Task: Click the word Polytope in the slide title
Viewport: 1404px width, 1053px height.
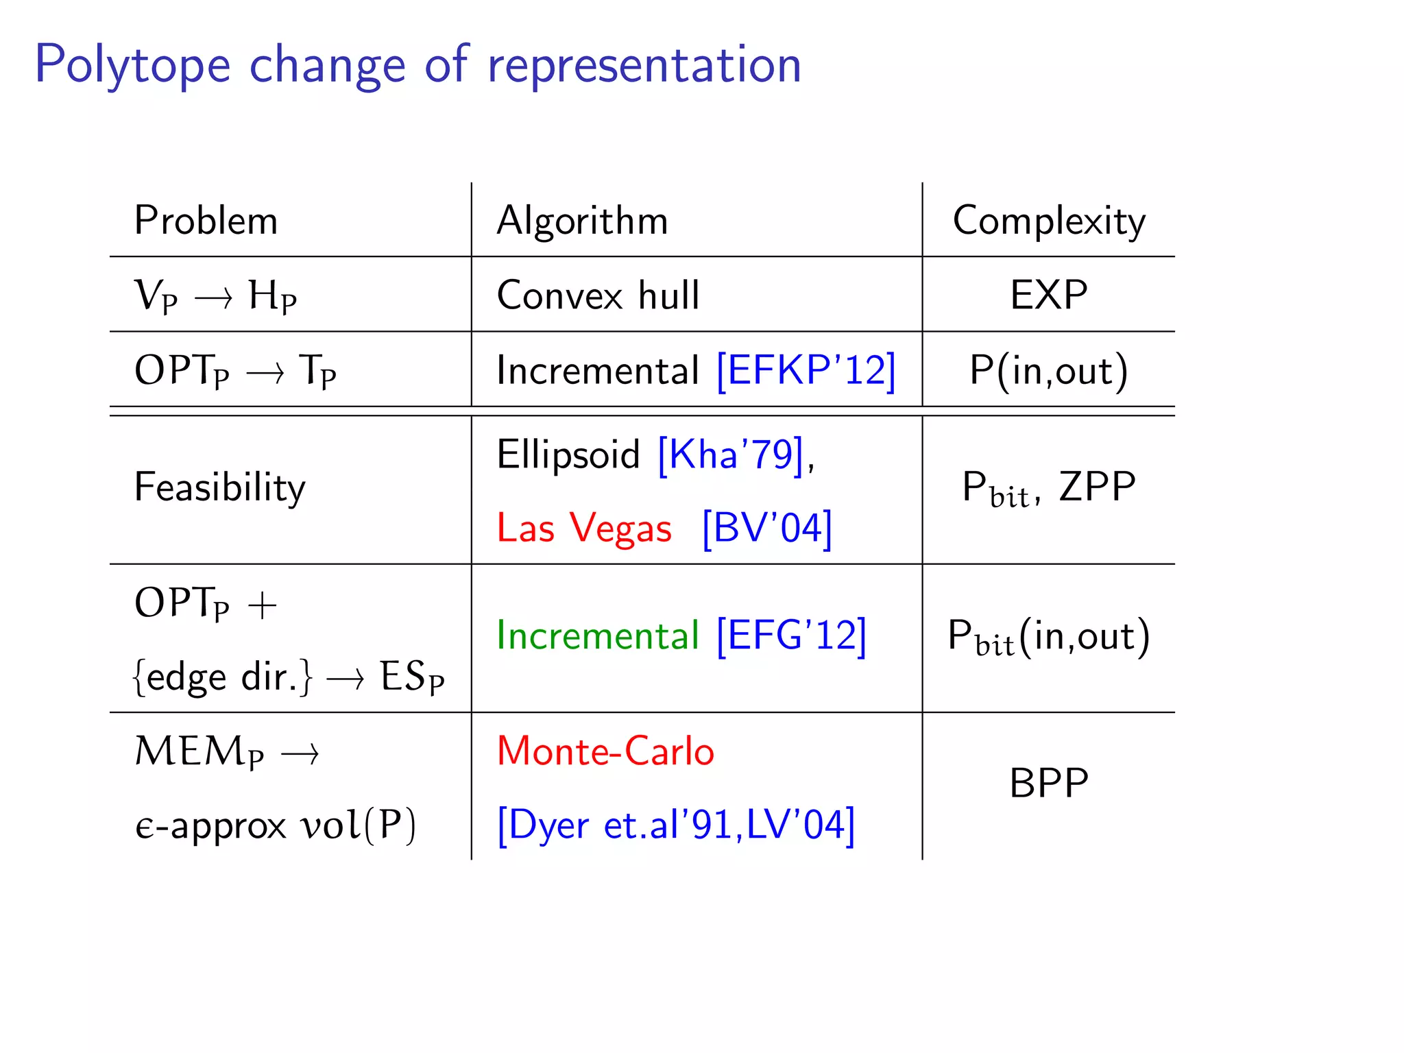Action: tap(132, 66)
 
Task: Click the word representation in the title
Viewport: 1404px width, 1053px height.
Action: tap(644, 66)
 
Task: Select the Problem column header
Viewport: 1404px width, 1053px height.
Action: tap(206, 221)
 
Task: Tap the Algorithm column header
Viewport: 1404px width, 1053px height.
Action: tap(582, 221)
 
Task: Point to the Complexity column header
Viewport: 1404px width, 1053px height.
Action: tap(1049, 221)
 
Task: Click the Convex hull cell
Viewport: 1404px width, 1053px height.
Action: tap(598, 295)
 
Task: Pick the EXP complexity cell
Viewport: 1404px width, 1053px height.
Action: tap(1049, 295)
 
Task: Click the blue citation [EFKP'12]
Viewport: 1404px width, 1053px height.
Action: tap(806, 370)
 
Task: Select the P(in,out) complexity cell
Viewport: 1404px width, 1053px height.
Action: tap(1049, 371)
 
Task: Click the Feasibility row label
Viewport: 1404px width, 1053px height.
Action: tap(219, 487)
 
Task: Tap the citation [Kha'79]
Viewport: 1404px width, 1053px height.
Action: tap(730, 454)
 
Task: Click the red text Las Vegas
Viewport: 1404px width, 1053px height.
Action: tap(584, 529)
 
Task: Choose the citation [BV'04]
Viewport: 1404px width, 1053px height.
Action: tap(767, 529)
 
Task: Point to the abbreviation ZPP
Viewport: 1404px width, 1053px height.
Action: tap(1097, 487)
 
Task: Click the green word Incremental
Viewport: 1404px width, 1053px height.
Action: tap(598, 636)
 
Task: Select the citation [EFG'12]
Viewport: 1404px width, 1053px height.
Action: tap(791, 636)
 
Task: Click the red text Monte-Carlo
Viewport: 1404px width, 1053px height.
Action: tap(605, 751)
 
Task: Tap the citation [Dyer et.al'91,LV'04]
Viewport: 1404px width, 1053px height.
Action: tap(676, 825)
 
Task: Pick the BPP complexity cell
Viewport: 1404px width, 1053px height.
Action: tap(1049, 783)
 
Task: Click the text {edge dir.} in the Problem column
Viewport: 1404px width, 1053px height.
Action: tap(223, 677)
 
